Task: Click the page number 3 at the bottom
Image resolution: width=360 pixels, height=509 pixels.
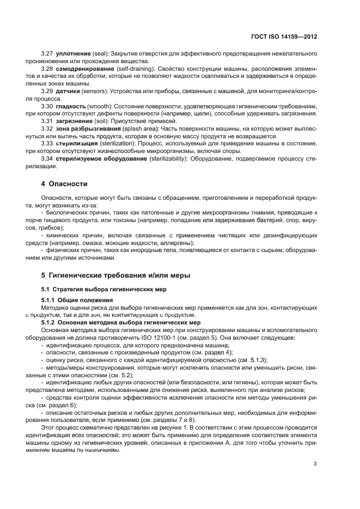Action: (315, 464)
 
